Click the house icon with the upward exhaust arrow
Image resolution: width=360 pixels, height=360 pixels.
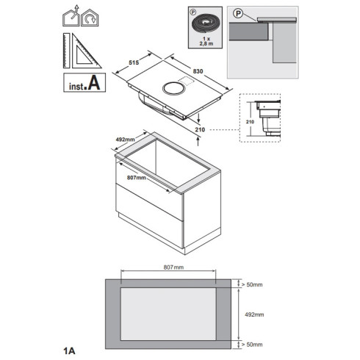(71, 16)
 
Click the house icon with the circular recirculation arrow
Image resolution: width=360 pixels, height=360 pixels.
(90, 18)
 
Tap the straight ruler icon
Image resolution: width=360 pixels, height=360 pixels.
(66, 51)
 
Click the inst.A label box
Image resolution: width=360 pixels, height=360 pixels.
(84, 82)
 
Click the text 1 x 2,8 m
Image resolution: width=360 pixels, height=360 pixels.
(206, 41)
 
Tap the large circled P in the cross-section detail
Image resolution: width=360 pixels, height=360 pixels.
(238, 13)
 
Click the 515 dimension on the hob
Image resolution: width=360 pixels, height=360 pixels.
(134, 62)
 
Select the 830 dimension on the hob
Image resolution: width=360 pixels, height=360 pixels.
(198, 71)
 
